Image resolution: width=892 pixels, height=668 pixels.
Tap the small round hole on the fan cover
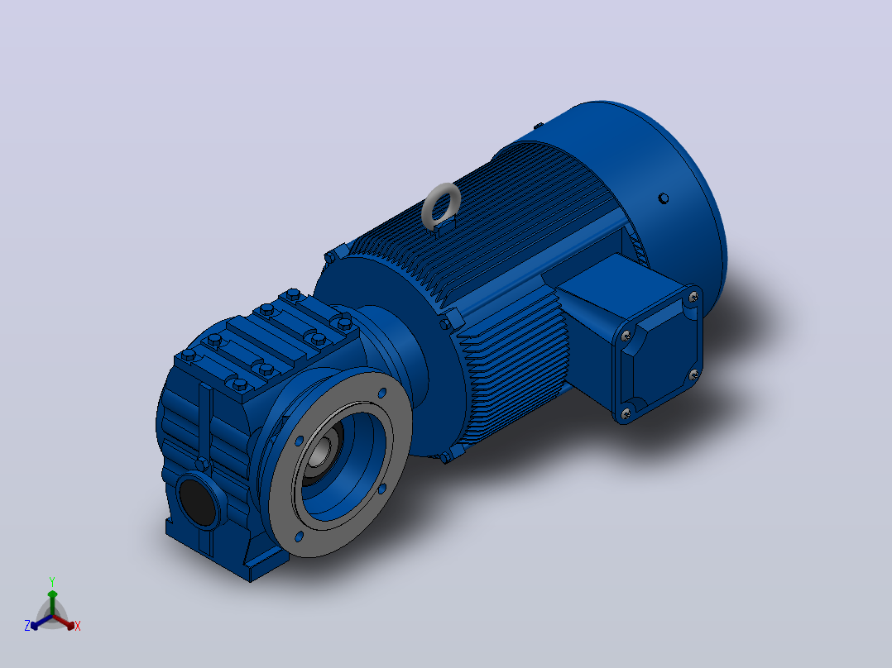click(x=664, y=198)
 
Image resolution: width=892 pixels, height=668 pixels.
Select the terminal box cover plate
click(x=658, y=354)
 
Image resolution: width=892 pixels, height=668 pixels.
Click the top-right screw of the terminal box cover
click(x=693, y=297)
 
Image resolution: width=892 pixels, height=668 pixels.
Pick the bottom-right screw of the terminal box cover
click(x=693, y=375)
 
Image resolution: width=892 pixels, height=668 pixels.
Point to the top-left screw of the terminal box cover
click(x=626, y=336)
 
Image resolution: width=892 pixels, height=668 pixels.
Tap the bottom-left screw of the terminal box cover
click(x=626, y=414)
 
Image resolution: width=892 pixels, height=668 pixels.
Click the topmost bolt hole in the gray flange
click(x=382, y=392)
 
